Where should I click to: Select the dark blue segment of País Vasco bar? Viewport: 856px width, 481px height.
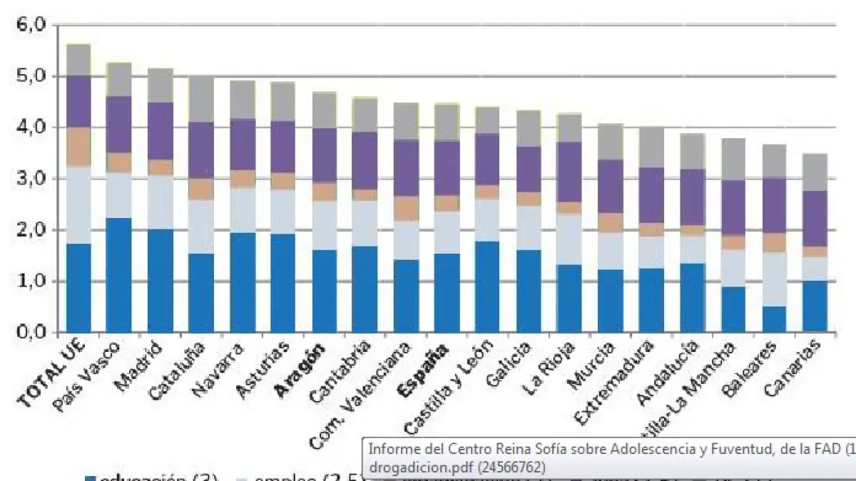[119, 275]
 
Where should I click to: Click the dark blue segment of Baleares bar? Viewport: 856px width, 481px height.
[774, 319]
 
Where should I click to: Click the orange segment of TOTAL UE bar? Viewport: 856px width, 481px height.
[78, 147]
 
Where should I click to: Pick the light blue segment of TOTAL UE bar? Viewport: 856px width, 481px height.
[78, 205]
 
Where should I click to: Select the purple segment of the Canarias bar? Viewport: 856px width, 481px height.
[815, 219]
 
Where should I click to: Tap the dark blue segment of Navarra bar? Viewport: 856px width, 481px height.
[243, 282]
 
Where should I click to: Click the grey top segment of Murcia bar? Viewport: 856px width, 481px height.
[611, 142]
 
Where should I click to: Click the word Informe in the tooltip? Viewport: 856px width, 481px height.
[390, 450]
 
